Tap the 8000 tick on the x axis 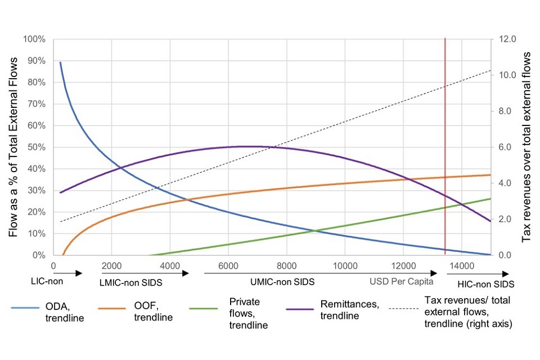coord(286,266)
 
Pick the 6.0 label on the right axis coord(501,147)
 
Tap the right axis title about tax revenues coord(527,147)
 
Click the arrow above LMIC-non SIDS coord(144,273)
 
